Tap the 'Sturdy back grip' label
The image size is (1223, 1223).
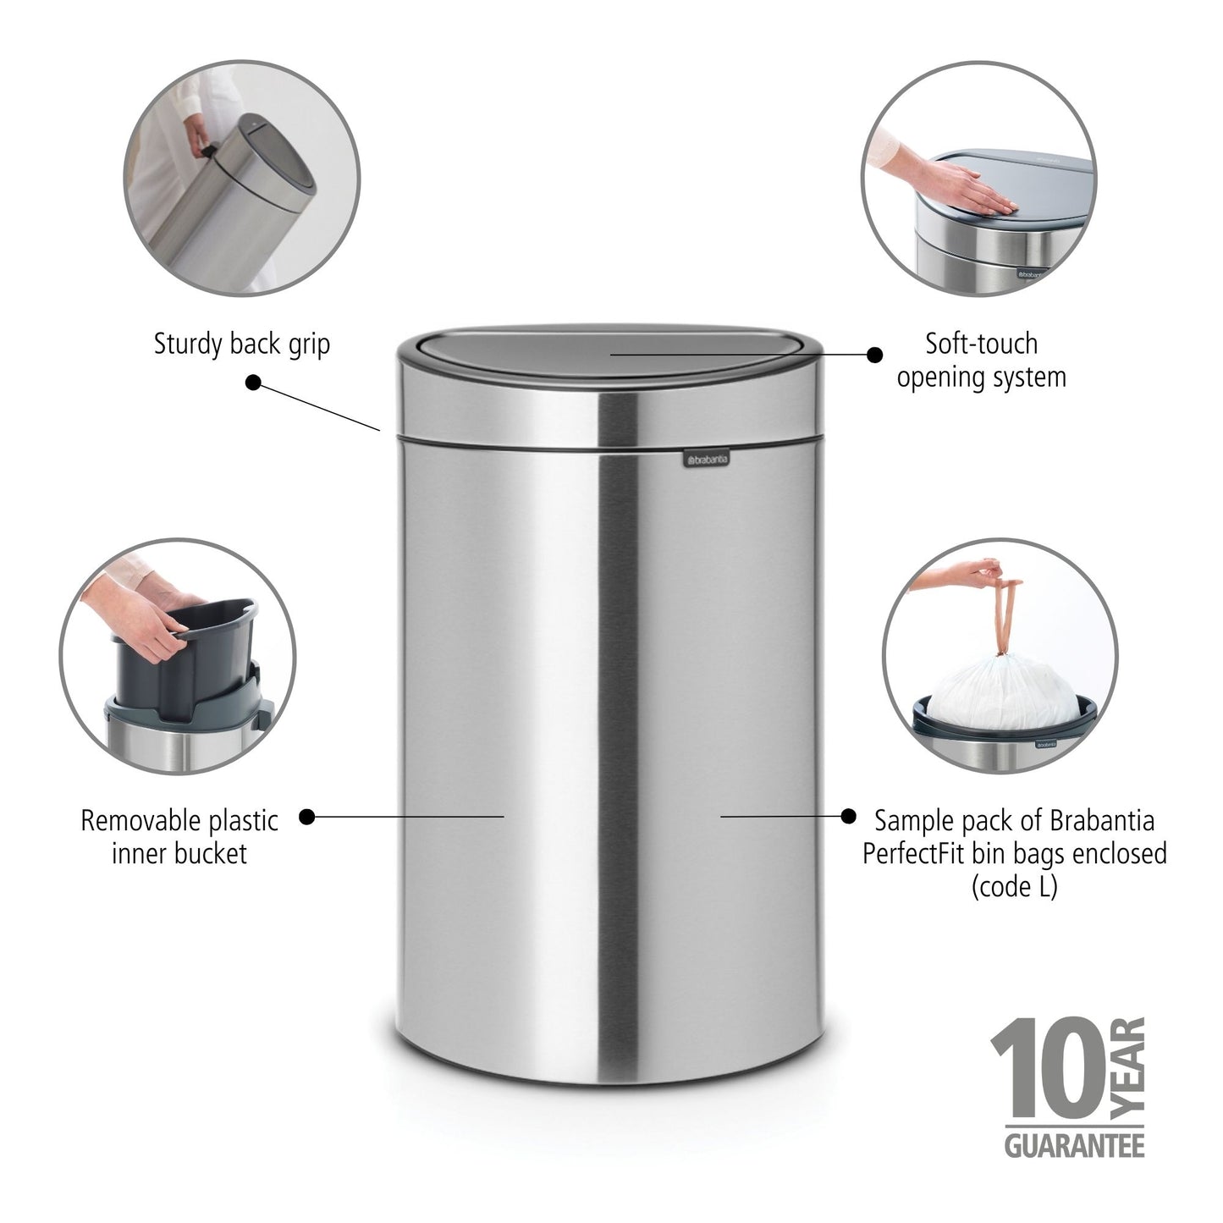pyautogui.click(x=241, y=344)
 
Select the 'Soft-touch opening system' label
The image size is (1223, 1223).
pyautogui.click(x=981, y=361)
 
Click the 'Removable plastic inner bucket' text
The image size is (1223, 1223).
pyautogui.click(x=179, y=836)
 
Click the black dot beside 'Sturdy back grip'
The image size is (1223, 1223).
pyautogui.click(x=253, y=383)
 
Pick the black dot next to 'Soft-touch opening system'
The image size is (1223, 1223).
pyautogui.click(x=874, y=355)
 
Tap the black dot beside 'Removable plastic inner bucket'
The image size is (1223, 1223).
pyautogui.click(x=308, y=817)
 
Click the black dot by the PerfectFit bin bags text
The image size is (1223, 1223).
pyautogui.click(x=848, y=816)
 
